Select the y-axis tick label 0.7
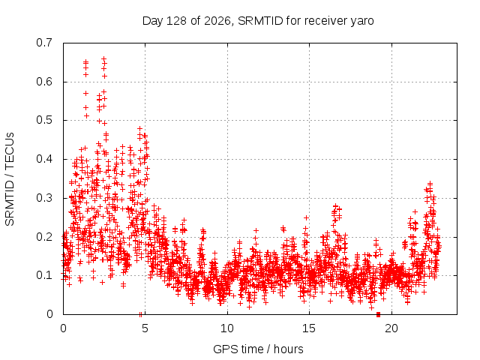(44, 43)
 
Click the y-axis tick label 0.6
(44, 82)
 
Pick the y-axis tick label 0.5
(44, 120)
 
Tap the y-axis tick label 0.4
(44, 159)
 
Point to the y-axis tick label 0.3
(44, 198)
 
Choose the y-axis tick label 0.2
(44, 237)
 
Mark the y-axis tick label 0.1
(44, 275)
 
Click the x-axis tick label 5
(145, 328)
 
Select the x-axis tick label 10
(227, 328)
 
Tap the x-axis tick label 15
(309, 328)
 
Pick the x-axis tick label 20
(391, 328)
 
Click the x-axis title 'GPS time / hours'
(258, 349)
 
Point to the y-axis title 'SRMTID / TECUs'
(10, 179)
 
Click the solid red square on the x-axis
(378, 315)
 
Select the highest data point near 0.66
(104, 58)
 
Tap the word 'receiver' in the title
(326, 21)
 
